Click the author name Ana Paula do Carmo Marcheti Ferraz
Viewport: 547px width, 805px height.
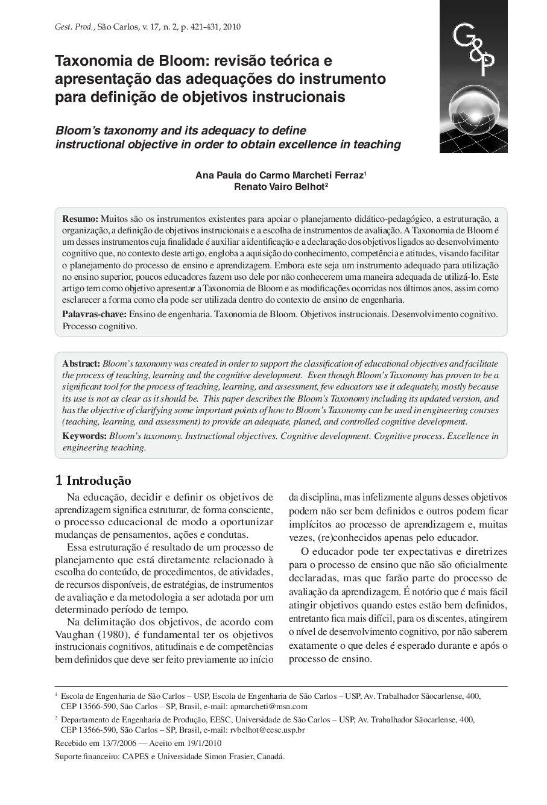(x=279, y=175)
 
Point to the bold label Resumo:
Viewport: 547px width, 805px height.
(x=80, y=218)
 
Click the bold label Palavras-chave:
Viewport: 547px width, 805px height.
(x=94, y=314)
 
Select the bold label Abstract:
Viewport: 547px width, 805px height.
(x=81, y=364)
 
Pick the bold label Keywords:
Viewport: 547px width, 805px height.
(x=84, y=436)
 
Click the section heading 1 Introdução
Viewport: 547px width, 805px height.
(x=93, y=481)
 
